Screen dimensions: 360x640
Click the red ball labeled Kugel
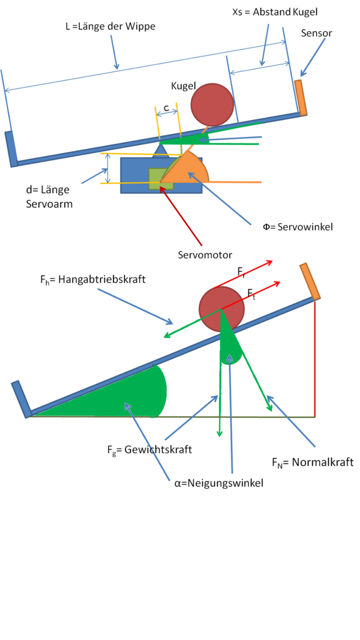click(x=212, y=104)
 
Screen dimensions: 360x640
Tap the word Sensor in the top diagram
click(x=316, y=34)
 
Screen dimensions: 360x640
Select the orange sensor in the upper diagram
click(x=301, y=98)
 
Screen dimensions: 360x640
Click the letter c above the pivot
click(x=167, y=107)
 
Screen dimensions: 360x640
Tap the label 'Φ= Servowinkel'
click(x=298, y=227)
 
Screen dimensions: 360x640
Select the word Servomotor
click(x=205, y=255)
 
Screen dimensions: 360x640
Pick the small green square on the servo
click(x=161, y=179)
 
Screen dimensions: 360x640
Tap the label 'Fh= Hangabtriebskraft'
click(x=90, y=280)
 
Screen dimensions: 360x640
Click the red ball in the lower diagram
click(x=221, y=309)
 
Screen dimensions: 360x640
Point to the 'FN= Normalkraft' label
click(x=313, y=463)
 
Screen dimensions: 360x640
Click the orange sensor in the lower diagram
click(x=310, y=282)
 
